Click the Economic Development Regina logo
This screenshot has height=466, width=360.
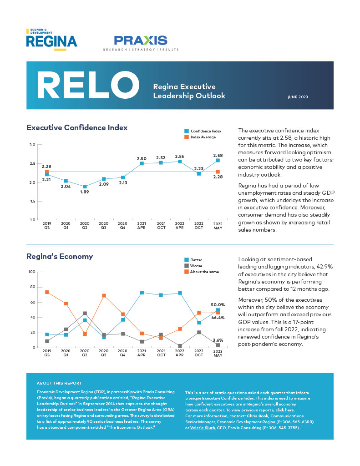coord(51,40)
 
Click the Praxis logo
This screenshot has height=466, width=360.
coord(141,42)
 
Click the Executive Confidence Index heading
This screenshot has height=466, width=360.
coord(77,128)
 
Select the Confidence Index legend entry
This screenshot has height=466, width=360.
coord(206,131)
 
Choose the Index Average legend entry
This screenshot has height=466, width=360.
coord(203,137)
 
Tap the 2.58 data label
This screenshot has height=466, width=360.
coord(218,156)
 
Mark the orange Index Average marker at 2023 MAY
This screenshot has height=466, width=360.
coord(218,172)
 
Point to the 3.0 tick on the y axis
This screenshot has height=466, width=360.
coord(32,145)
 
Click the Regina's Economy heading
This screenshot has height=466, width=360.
coord(60,257)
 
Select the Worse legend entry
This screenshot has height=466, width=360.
coord(196,266)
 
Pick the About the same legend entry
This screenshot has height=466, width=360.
coord(204,272)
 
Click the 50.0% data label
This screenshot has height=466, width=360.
coord(218,304)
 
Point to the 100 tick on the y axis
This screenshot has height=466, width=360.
coord(31,272)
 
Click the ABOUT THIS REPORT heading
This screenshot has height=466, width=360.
coord(59,383)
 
